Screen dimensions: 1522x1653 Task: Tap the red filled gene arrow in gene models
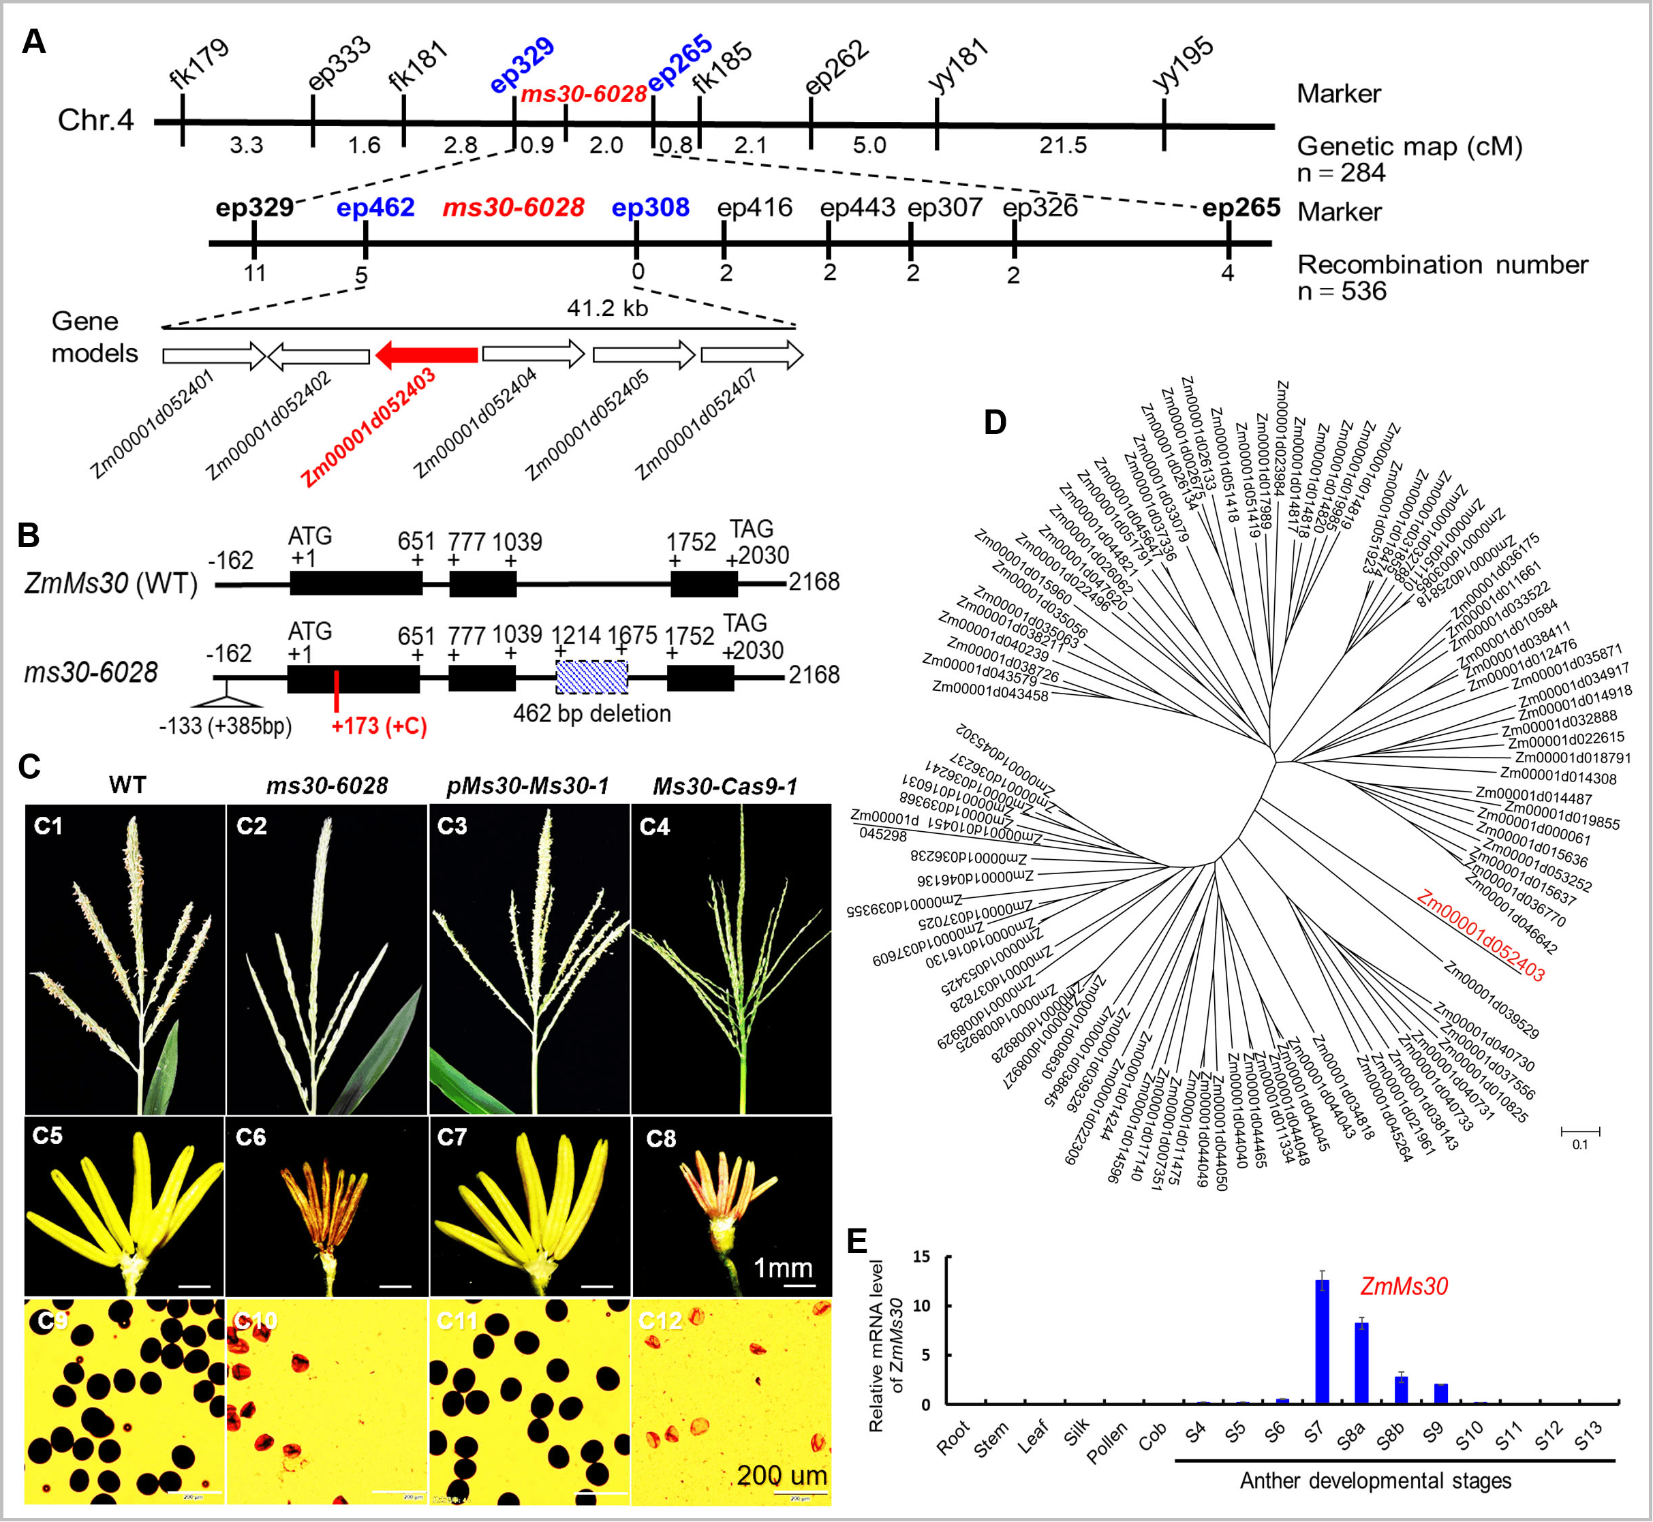point(426,355)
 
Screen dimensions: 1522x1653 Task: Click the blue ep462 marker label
point(375,208)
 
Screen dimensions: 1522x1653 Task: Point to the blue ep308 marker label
point(650,208)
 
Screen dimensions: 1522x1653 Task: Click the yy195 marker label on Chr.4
point(1183,63)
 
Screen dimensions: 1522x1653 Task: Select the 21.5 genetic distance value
point(1062,145)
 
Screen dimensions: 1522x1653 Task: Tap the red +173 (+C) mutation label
point(379,726)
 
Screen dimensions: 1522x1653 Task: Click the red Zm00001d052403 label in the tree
point(1480,935)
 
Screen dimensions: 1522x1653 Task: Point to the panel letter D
point(995,422)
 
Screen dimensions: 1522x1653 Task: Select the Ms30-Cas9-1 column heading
point(725,786)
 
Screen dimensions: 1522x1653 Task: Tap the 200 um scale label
point(781,1475)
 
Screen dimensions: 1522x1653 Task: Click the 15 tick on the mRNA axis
point(922,1257)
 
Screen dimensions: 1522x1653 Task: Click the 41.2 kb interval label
point(607,308)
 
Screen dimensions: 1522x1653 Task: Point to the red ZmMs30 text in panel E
point(1404,1286)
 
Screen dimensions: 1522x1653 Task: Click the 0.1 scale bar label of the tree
point(1579,1144)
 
